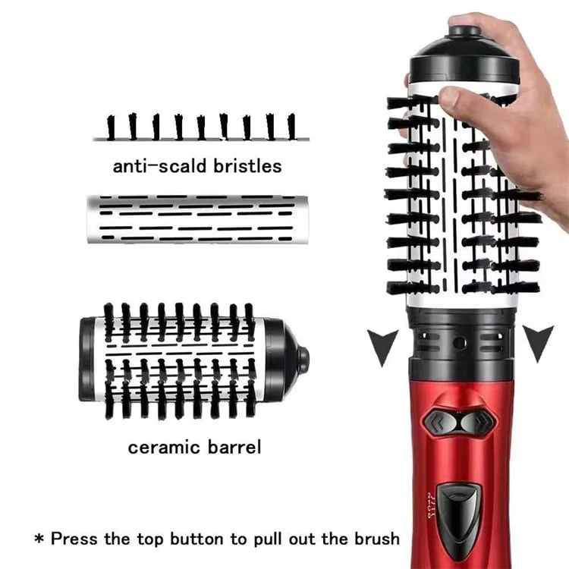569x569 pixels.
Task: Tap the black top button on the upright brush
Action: click(x=464, y=32)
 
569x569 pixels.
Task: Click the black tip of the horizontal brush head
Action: click(x=303, y=359)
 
